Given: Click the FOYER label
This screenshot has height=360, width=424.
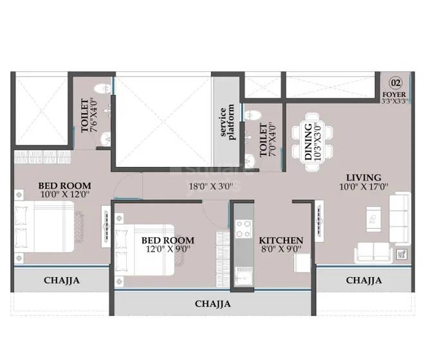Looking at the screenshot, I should tap(394, 94).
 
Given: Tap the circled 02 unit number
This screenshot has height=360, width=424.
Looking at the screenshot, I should tap(395, 82).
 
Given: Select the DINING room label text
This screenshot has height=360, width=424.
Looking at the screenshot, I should tap(308, 141).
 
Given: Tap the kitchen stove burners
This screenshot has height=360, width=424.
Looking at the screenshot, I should tap(244, 230).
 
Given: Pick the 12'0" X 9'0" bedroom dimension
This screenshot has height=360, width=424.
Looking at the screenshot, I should tap(168, 251).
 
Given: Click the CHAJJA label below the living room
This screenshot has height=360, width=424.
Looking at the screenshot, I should tap(364, 280).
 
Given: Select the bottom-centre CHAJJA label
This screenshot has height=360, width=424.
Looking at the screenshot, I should tap(212, 304).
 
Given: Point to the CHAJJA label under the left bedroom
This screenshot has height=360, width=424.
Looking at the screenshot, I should tap(62, 280).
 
